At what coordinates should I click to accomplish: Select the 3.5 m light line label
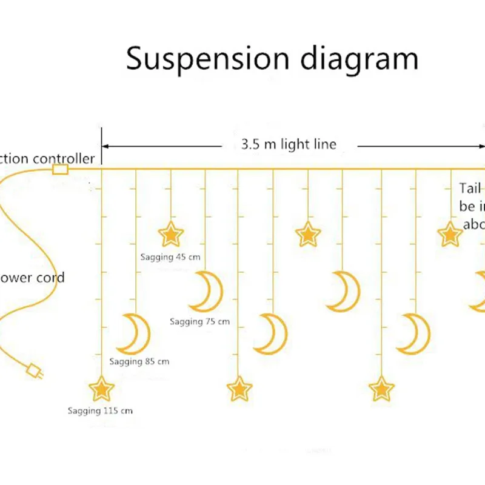(289, 144)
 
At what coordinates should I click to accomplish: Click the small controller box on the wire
(60, 169)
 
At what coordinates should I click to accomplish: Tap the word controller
(64, 159)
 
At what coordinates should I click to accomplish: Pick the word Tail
(469, 189)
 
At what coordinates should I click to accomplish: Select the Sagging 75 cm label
(199, 321)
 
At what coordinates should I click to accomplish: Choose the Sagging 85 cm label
(139, 362)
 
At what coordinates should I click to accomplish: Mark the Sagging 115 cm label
(100, 411)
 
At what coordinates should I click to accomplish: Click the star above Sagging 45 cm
(170, 234)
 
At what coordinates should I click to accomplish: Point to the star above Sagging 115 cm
(101, 389)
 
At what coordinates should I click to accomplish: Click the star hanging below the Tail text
(450, 234)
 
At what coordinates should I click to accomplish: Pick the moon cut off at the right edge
(479, 291)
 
